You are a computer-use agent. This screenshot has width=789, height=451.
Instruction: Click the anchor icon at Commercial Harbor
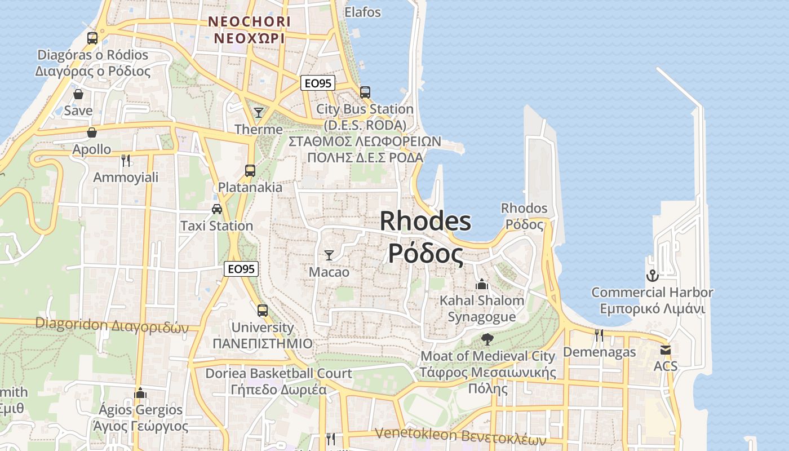coord(652,276)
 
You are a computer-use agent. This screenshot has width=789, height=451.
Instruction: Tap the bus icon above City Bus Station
coord(365,92)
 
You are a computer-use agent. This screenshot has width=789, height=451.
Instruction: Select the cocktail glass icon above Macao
coord(329,255)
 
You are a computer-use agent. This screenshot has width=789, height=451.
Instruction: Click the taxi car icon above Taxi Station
coord(217,209)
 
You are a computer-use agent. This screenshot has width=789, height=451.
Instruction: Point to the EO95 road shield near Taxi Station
coord(241,269)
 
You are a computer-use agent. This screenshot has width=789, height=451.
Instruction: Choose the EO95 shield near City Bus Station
coord(318,83)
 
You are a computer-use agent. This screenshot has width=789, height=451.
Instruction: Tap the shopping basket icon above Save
coord(78,94)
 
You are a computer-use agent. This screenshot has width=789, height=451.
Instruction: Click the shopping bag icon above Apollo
coord(91,132)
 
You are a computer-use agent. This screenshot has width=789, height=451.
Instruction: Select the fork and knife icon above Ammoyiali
coord(126,161)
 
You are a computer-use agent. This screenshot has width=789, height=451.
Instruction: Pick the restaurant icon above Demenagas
coord(599,335)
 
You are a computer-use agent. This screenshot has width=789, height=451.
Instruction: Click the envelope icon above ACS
coord(666,350)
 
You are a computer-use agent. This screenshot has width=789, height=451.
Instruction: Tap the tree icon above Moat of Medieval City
coord(487,339)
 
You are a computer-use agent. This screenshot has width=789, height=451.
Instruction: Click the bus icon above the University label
coord(263,310)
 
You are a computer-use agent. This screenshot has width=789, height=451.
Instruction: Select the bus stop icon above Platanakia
coord(250,170)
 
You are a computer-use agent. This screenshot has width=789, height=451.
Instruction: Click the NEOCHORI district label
coord(249,22)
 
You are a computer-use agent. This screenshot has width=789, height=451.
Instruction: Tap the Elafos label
coord(363,12)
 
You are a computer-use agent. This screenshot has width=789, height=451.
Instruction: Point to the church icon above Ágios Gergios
coord(140,393)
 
